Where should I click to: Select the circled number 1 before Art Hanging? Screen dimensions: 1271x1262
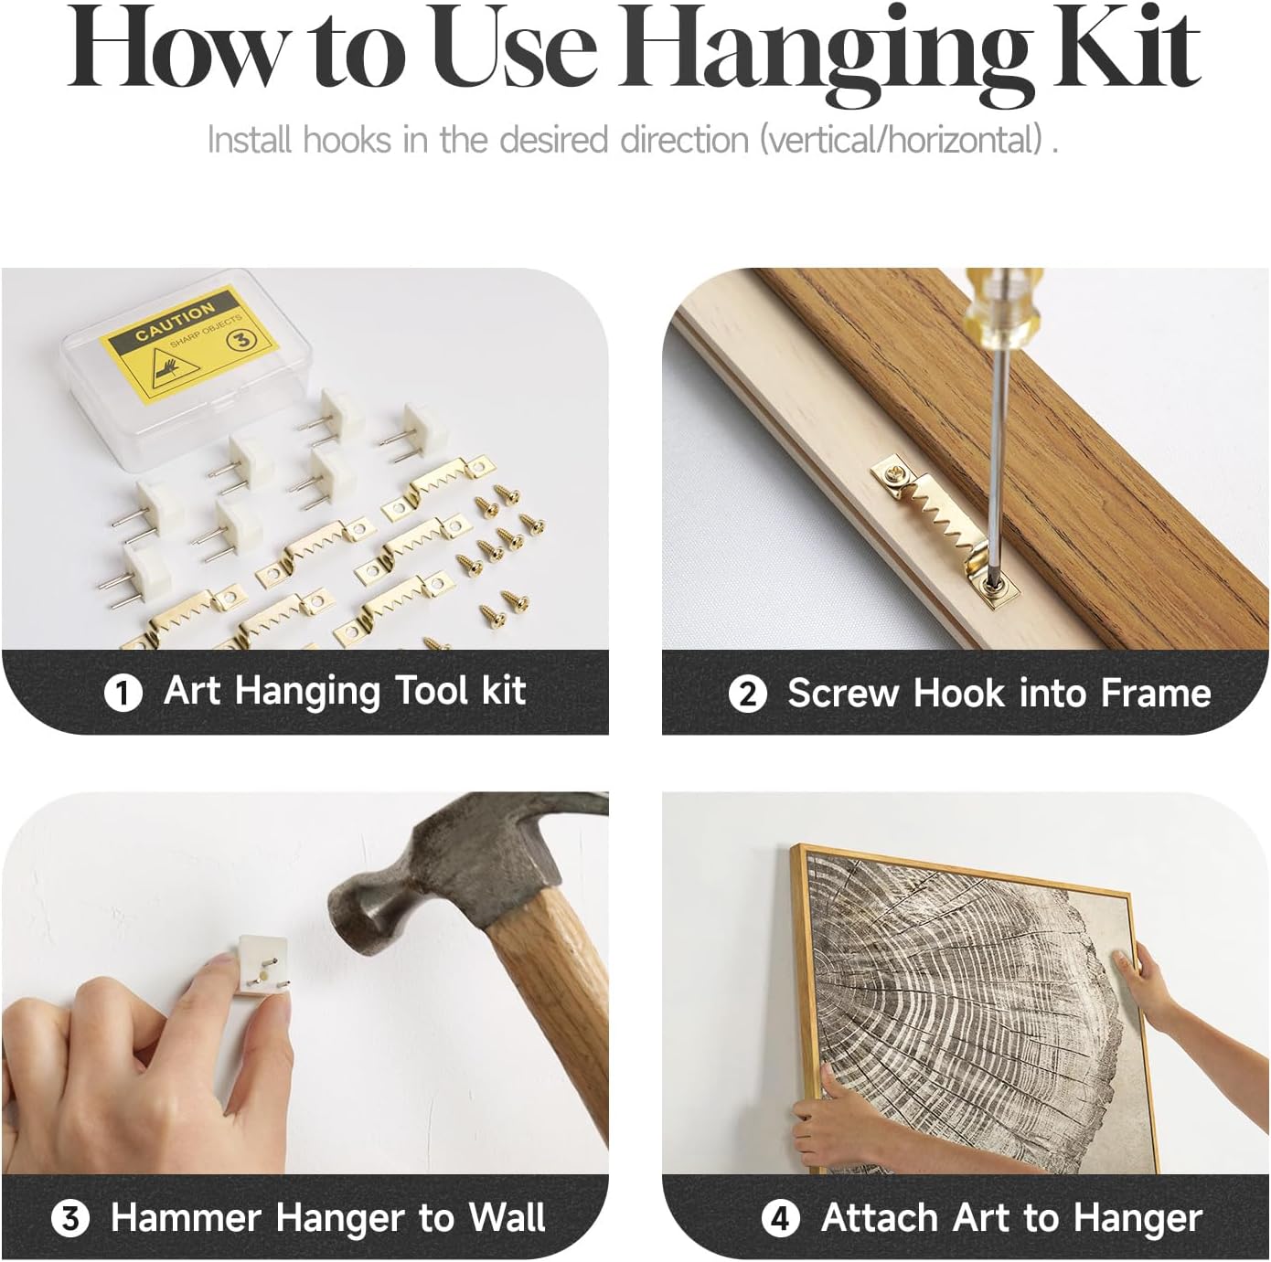(x=123, y=693)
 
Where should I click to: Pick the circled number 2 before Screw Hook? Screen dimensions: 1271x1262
(x=747, y=695)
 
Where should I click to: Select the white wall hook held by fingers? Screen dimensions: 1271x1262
(x=263, y=965)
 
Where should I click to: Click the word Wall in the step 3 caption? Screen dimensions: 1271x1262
(x=507, y=1217)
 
